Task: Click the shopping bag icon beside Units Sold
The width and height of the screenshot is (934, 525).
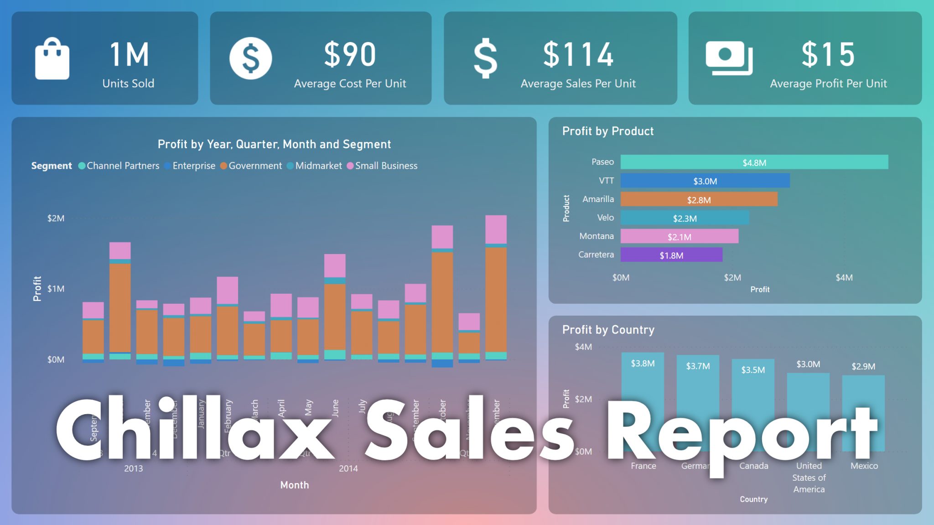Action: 52,59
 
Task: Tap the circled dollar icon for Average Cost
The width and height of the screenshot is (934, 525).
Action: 250,58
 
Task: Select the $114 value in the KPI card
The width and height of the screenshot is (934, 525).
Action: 578,54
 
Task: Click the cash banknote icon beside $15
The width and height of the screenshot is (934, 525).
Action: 729,58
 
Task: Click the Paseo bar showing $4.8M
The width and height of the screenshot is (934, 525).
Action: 754,162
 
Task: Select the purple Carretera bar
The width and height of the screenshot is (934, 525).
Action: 671,255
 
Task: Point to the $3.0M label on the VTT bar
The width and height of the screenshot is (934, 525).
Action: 705,181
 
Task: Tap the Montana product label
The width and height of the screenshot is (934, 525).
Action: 596,236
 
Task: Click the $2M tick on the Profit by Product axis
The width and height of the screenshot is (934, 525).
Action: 732,278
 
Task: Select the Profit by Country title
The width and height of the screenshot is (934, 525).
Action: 608,330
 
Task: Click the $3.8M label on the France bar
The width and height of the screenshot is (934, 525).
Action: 643,364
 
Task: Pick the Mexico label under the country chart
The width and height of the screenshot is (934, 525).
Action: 864,466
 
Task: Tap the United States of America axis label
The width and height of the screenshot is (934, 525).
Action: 809,478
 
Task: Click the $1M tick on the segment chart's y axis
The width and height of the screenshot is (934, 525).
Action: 56,289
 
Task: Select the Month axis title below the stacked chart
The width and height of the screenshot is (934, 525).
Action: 294,485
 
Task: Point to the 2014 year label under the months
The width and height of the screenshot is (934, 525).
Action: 348,468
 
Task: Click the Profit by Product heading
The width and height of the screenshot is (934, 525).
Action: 607,131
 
